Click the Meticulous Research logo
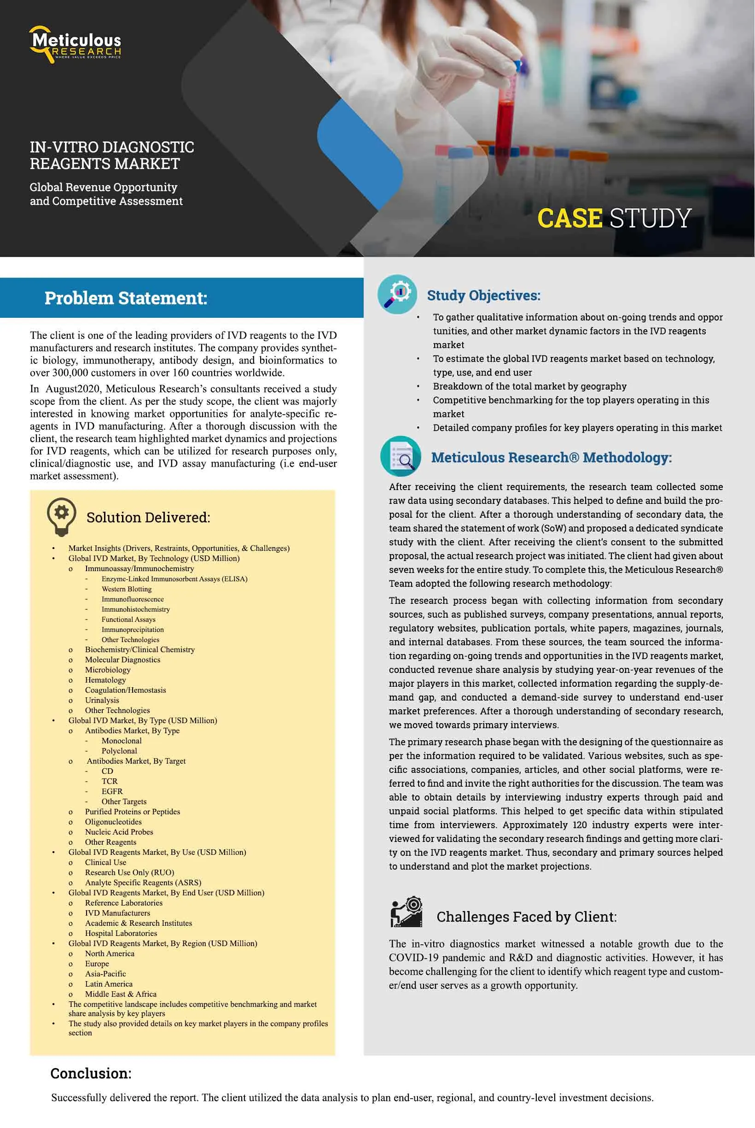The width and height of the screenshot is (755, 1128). [x=75, y=44]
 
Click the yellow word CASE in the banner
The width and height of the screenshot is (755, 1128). [x=569, y=218]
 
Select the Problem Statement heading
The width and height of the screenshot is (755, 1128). [x=126, y=298]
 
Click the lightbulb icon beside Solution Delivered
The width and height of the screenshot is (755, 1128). [x=61, y=517]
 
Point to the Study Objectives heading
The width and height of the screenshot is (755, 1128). [x=483, y=295]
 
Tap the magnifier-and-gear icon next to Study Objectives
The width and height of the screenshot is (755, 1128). [x=397, y=294]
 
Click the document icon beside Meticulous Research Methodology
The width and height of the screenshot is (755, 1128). [x=400, y=456]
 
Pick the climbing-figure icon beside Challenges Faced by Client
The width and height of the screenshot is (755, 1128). [x=406, y=912]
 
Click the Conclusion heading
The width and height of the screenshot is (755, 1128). [x=91, y=1074]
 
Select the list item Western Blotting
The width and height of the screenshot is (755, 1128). [x=126, y=589]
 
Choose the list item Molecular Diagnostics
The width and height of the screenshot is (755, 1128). [x=122, y=660]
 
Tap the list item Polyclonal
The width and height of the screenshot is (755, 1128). [x=119, y=751]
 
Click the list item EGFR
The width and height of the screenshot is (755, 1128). [x=112, y=791]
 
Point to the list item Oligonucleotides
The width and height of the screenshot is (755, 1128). [x=113, y=822]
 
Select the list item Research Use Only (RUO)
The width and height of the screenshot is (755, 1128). [x=129, y=872]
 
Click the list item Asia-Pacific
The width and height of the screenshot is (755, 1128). [x=105, y=974]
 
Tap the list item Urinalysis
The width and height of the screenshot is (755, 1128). [x=102, y=700]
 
